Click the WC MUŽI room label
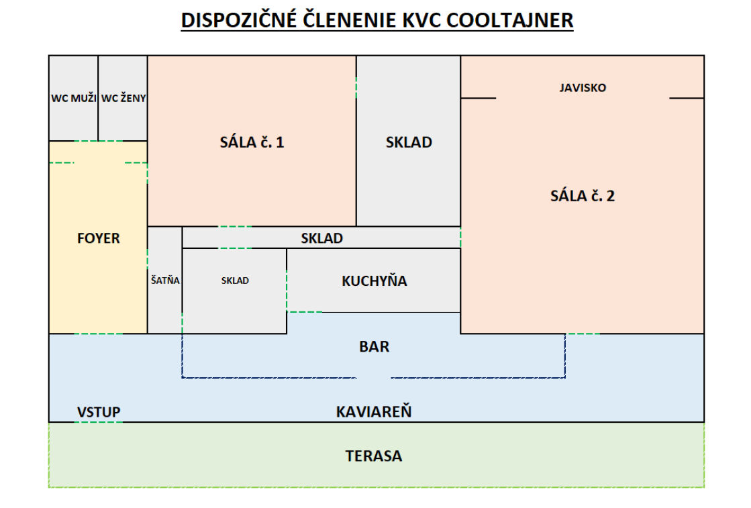[x=74, y=98]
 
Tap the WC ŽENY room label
[x=123, y=98]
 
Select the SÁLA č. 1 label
[x=252, y=142]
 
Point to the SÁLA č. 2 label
[x=583, y=196]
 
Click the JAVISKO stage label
[x=583, y=87]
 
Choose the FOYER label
[x=98, y=238]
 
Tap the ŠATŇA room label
[x=165, y=281]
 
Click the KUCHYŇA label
[x=374, y=281]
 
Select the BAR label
[x=374, y=347]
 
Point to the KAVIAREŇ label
[x=374, y=412]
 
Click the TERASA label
[x=374, y=456]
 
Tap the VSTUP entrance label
[x=99, y=412]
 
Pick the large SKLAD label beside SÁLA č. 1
[x=409, y=142]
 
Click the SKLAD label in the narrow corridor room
[x=321, y=238]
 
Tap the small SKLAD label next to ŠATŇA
[x=235, y=281]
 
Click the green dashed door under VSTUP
[x=99, y=422]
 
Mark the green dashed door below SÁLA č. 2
[x=583, y=334]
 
